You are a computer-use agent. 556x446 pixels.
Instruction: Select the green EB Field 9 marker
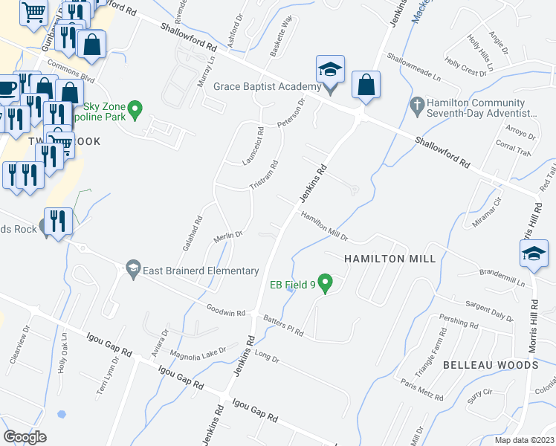(325, 283)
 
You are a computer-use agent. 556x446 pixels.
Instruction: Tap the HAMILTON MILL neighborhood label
(378, 258)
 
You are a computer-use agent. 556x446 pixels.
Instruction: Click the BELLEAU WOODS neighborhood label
(490, 365)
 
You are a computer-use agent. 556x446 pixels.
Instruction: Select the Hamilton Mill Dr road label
(325, 226)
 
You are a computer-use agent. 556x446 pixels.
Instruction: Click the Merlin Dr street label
(228, 236)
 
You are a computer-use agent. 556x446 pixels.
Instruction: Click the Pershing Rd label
(459, 323)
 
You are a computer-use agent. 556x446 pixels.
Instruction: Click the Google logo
(25, 437)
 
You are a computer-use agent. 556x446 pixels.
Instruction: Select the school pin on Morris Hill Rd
(534, 254)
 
